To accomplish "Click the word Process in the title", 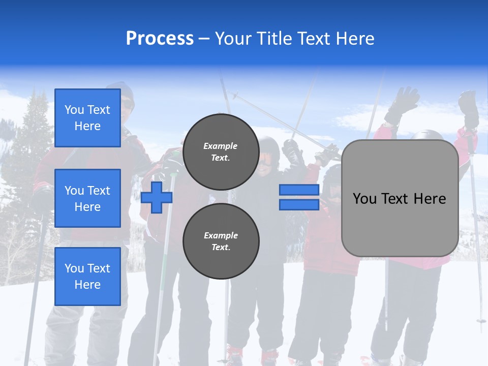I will (160, 38).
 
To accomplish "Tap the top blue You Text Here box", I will (87, 118).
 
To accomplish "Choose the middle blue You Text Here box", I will (87, 198).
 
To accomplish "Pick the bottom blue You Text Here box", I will (87, 276).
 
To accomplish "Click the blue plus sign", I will (157, 198).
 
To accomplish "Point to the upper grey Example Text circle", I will (221, 152).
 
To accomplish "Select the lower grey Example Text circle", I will (221, 241).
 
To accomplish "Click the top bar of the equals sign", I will (299, 190).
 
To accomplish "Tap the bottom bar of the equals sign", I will (299, 204).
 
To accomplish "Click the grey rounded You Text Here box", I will (400, 198).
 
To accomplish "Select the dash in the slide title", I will (204, 39).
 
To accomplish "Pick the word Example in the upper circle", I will (221, 146).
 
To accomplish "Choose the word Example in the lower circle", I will (221, 235).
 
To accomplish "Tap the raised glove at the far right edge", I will (468, 108).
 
